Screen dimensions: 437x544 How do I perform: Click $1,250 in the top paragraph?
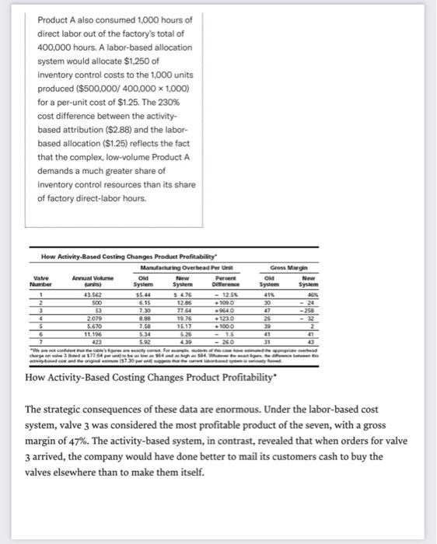(135, 61)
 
